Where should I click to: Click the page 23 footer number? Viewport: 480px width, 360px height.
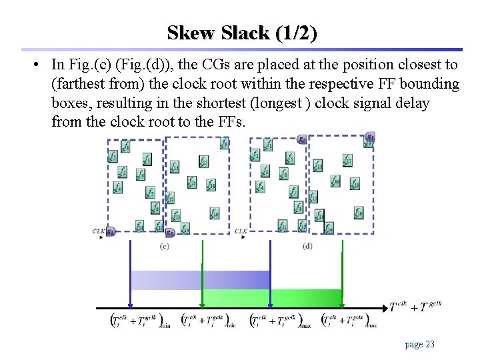pos(420,344)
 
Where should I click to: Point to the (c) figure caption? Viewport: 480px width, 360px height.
pos(165,246)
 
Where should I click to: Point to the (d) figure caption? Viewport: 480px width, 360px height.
pos(307,246)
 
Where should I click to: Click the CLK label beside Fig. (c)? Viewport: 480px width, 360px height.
pos(99,231)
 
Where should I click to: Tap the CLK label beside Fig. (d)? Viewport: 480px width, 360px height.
pos(241,231)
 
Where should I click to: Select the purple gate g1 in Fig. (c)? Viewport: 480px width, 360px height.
pos(111,231)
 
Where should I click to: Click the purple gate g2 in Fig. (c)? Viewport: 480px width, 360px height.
pos(170,232)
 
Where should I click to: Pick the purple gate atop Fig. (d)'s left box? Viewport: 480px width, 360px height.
pos(302,139)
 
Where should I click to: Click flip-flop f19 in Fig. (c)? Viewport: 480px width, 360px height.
pos(214,213)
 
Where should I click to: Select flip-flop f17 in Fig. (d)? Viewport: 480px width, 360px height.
pos(347,161)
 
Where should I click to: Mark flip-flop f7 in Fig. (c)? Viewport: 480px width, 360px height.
pos(151,193)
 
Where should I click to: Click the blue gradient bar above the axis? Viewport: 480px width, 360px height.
pos(200,280)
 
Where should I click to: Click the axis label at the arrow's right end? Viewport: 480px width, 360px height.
pos(415,306)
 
